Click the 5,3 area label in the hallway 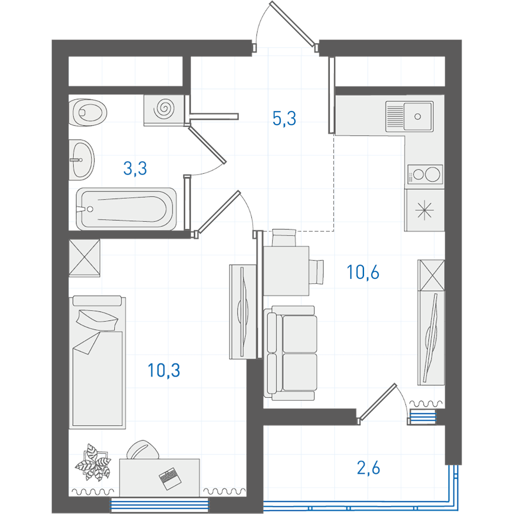tap(284, 119)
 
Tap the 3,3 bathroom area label tap(135, 168)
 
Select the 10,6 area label tap(363, 272)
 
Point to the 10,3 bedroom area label tap(164, 370)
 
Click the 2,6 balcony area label tap(368, 468)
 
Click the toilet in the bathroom tap(88, 112)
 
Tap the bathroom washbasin tap(82, 160)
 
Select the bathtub tap(126, 209)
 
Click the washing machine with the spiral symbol tap(164, 110)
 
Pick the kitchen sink tap(409, 117)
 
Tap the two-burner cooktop tap(425, 174)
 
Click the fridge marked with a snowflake tap(425, 210)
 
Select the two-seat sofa tap(291, 353)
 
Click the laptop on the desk tap(170, 479)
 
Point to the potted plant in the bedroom tap(93, 462)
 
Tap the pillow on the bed tap(97, 320)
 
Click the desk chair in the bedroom tap(143, 450)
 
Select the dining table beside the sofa tap(286, 271)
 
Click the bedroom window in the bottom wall tap(159, 505)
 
